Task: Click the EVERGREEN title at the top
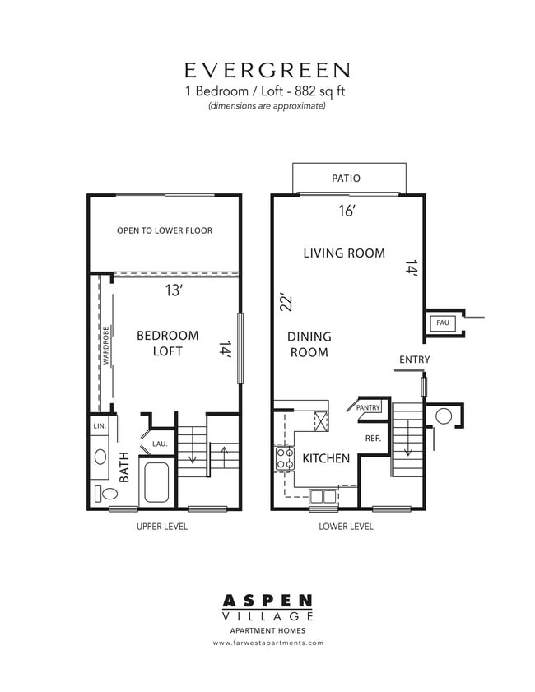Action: [267, 69]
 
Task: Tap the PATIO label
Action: [346, 178]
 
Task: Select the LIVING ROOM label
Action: [343, 253]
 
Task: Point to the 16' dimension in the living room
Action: [347, 211]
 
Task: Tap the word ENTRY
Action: [414, 360]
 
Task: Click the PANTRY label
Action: [368, 406]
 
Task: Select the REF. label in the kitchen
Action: [372, 439]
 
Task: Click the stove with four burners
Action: [285, 458]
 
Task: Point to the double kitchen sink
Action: [323, 495]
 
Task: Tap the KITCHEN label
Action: [326, 458]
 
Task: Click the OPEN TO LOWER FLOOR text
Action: [165, 230]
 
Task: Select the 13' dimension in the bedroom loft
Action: [174, 290]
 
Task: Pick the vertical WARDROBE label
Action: [106, 345]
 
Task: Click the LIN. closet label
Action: [100, 426]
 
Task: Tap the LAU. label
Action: [160, 444]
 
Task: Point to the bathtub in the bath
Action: [156, 482]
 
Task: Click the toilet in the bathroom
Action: [106, 494]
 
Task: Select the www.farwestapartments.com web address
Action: [267, 643]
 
